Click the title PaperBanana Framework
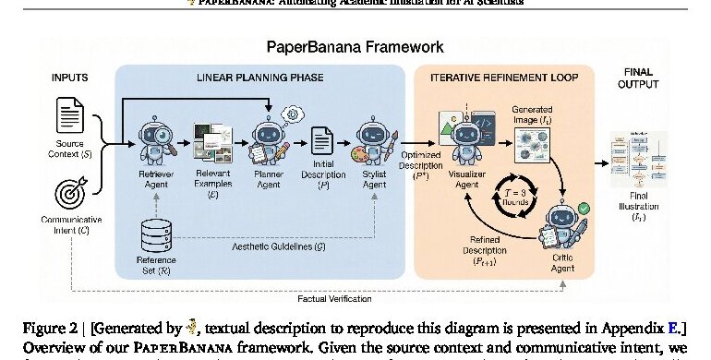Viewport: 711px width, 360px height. tap(355, 47)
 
